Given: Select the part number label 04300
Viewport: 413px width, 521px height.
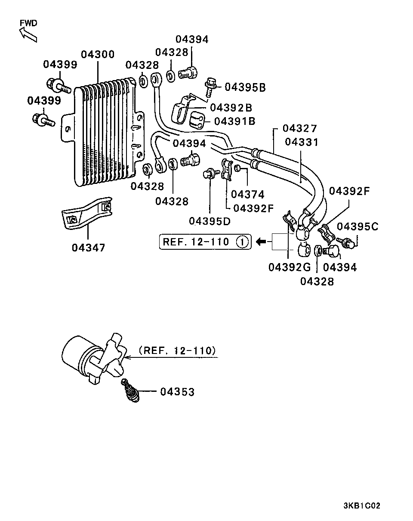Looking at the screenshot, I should (x=98, y=54).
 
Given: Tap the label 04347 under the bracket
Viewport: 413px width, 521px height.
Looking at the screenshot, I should (x=88, y=248).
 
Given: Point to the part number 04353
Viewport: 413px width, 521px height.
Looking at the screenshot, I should (x=177, y=392).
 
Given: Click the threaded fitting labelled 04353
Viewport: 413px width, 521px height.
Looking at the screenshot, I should (x=129, y=391).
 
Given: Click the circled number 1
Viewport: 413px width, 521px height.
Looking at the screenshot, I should (x=242, y=242).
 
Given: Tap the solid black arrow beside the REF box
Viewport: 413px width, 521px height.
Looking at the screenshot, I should (x=261, y=242).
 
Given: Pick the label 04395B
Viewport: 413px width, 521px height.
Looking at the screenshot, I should (x=245, y=87).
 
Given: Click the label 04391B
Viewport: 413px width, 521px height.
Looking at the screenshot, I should (x=234, y=121).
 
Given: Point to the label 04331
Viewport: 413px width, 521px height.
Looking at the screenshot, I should (x=302, y=142).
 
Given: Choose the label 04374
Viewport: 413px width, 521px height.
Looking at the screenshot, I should (x=247, y=194).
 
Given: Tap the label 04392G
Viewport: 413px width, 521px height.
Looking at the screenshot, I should (x=290, y=267).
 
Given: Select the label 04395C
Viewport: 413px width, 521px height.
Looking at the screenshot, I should (x=357, y=226).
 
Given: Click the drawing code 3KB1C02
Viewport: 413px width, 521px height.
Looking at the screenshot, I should (x=361, y=506).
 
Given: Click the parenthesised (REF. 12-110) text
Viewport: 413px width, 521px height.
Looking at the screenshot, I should (x=177, y=350).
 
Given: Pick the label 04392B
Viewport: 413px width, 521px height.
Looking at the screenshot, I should (x=231, y=108).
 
